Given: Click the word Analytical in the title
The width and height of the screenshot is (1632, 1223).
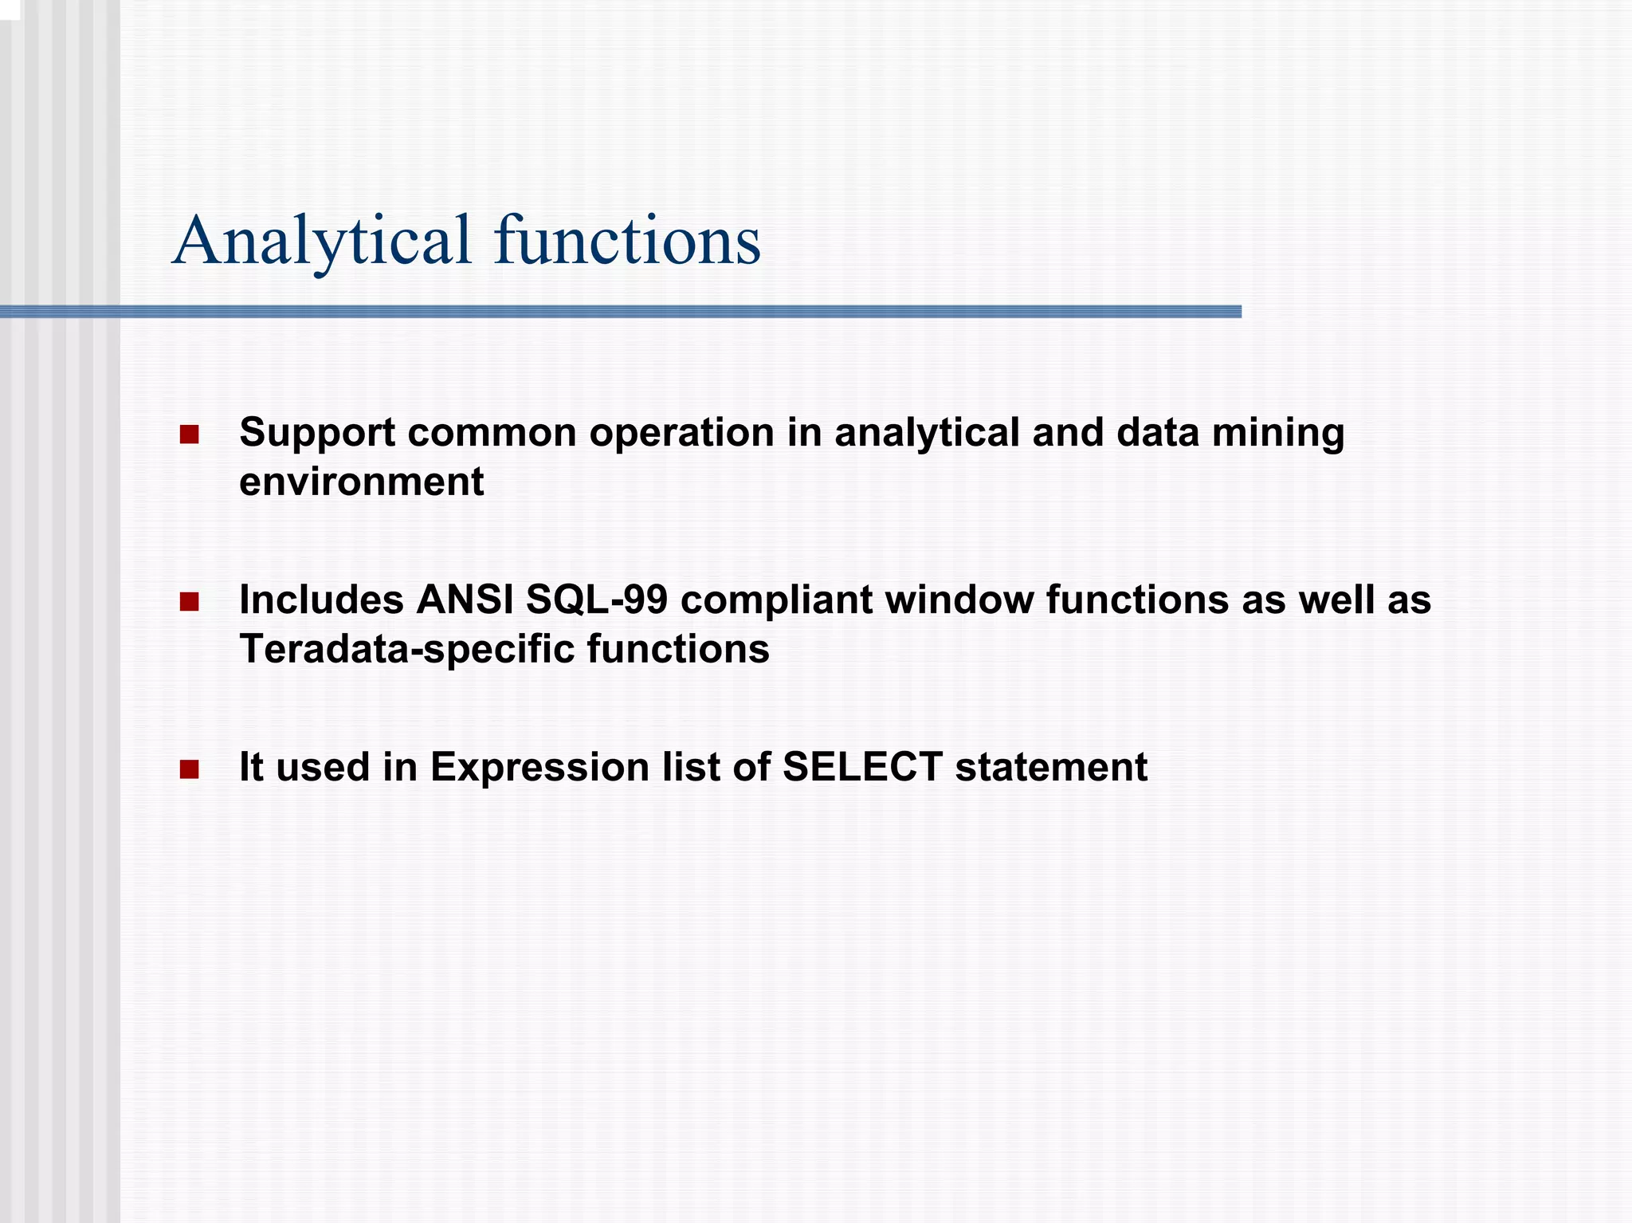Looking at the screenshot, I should [322, 242].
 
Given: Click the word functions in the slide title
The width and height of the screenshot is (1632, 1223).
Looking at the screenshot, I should [627, 242].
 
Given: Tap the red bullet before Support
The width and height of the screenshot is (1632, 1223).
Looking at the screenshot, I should [189, 435].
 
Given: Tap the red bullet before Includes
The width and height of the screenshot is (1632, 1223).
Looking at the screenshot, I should [189, 602].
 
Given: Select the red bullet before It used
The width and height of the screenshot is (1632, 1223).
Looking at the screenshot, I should [189, 769].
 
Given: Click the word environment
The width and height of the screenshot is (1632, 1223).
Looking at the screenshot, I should [361, 482].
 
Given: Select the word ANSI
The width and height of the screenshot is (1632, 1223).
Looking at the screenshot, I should [464, 600].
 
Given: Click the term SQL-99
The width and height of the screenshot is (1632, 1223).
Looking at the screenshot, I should [596, 600].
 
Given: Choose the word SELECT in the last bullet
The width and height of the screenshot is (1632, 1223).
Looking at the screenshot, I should [862, 768].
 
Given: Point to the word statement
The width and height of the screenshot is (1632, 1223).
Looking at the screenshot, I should [1051, 768].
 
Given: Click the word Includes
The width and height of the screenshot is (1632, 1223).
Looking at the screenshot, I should [320, 600].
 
